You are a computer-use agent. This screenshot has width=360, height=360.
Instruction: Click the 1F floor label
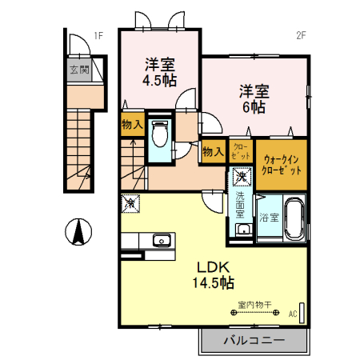click(98, 35)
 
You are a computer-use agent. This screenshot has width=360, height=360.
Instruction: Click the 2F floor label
click(302, 35)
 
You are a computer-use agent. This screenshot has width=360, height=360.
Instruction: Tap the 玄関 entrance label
click(78, 70)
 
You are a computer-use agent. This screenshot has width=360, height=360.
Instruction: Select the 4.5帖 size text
click(160, 81)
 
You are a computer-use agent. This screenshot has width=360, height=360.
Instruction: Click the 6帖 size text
click(253, 106)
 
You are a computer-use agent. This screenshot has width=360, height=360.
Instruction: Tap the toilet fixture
click(158, 134)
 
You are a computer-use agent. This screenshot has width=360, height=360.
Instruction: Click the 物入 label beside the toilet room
click(132, 124)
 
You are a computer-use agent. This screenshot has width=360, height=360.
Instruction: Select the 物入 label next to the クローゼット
click(212, 151)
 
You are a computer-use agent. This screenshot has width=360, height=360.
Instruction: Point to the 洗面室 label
click(240, 206)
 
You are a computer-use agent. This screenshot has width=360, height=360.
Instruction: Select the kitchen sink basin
click(162, 239)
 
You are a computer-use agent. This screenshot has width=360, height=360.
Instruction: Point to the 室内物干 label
click(255, 305)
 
